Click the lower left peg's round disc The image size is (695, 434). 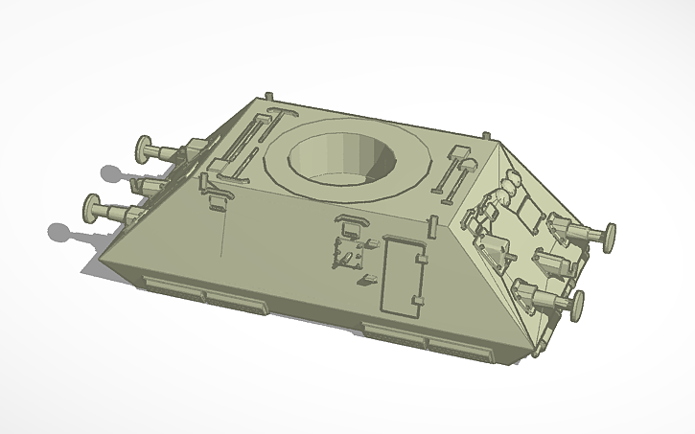click(x=93, y=205)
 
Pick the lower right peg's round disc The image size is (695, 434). click(x=578, y=304)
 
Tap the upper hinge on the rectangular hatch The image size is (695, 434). click(x=420, y=258)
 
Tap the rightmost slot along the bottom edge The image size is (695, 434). click(x=453, y=344)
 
